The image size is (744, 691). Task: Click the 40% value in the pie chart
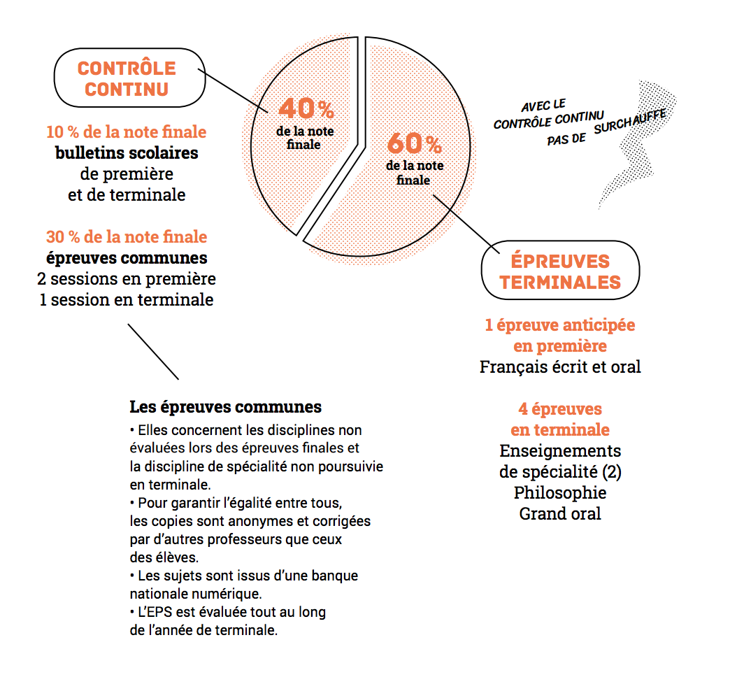pyautogui.click(x=306, y=108)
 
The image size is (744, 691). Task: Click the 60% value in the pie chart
pyautogui.click(x=414, y=144)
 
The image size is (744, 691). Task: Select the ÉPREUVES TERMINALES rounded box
pyautogui.click(x=560, y=271)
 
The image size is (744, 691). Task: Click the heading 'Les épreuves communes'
pyautogui.click(x=226, y=407)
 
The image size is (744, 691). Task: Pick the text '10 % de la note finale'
pyautogui.click(x=127, y=131)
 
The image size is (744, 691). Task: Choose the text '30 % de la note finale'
pyautogui.click(x=127, y=236)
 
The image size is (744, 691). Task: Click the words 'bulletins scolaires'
pyautogui.click(x=127, y=152)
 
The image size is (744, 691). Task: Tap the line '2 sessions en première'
pyautogui.click(x=127, y=279)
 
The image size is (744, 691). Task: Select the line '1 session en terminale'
pyautogui.click(x=127, y=300)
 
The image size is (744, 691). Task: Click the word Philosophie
pyautogui.click(x=560, y=492)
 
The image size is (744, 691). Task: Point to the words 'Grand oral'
pyautogui.click(x=560, y=513)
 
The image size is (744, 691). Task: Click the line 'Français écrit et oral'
pyautogui.click(x=560, y=366)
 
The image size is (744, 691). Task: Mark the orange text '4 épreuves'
pyautogui.click(x=560, y=408)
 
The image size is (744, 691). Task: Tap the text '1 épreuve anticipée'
pyautogui.click(x=560, y=325)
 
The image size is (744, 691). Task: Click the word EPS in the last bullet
pyautogui.click(x=158, y=613)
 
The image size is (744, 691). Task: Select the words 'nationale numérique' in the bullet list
pyautogui.click(x=196, y=594)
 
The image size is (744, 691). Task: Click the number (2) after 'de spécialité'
pyautogui.click(x=610, y=471)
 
